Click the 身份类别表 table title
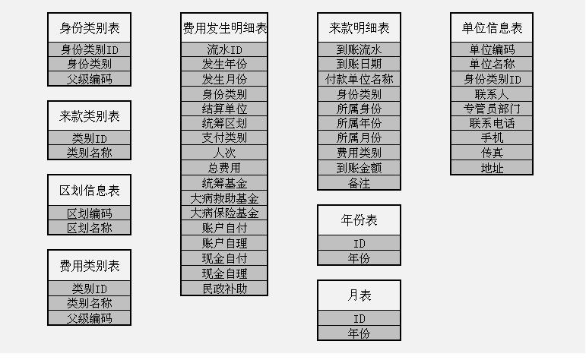coord(90,28)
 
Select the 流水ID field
coord(224,49)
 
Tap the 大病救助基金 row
coord(224,198)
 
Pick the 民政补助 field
coord(224,289)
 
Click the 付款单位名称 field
coord(360,79)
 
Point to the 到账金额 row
coord(360,169)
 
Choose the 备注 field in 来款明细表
coord(360,183)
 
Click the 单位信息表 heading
coord(492,28)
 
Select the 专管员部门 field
coord(492,109)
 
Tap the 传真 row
coord(492,153)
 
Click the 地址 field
coord(492,168)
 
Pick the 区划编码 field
coord(90,213)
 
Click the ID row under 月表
coord(360,318)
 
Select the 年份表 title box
coord(360,220)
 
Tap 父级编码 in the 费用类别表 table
coord(90,318)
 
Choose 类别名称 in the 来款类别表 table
coord(90,153)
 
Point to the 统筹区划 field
coord(224,123)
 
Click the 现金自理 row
coord(224,273)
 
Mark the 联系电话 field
coord(492,123)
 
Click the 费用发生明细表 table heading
coord(224,28)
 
